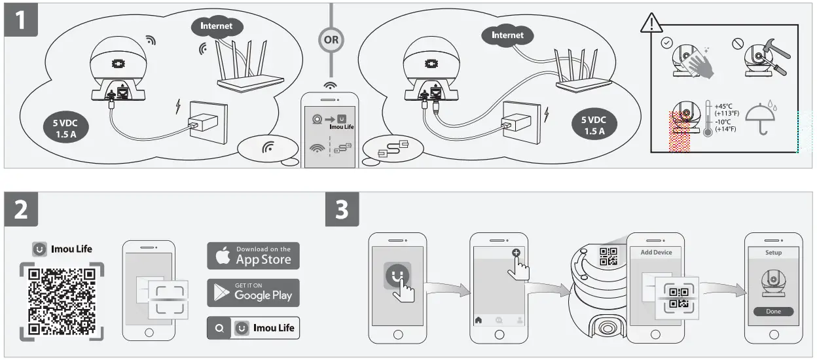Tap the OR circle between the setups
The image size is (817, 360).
click(331, 39)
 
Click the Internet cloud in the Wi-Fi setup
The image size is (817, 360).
click(216, 27)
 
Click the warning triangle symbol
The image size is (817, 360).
click(651, 24)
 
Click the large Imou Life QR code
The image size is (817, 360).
click(62, 302)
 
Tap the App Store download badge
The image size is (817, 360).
click(253, 255)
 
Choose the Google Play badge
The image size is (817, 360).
click(253, 293)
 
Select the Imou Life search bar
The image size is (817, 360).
click(253, 328)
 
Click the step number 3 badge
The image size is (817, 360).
click(342, 210)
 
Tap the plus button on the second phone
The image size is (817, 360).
click(516, 253)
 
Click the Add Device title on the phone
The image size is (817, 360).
click(655, 253)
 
